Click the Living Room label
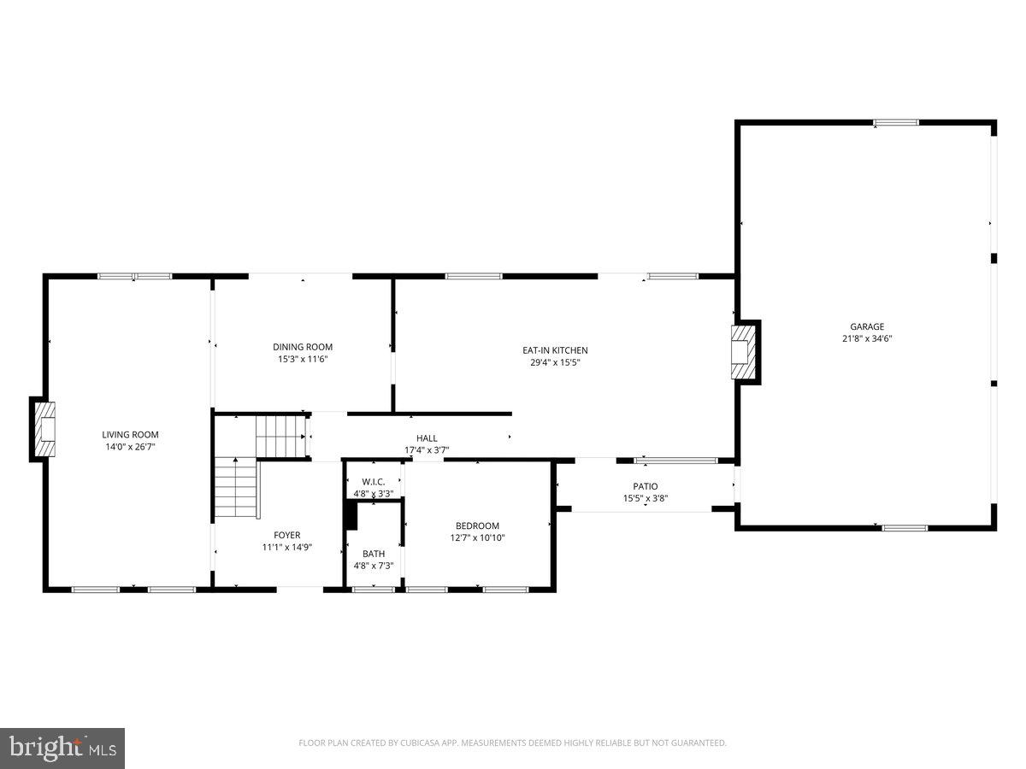[130, 434]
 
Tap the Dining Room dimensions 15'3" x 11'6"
[303, 359]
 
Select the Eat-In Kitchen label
[555, 350]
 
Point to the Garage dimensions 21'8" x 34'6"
[867, 338]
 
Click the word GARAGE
[867, 326]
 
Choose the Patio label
[646, 486]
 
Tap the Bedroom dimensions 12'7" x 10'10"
[477, 537]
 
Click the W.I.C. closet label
[374, 482]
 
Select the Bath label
[374, 554]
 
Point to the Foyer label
[287, 535]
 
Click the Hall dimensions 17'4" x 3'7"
[427, 449]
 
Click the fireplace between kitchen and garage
[744, 352]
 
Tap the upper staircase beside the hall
[281, 435]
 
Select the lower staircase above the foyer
[235, 488]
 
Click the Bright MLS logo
[62, 748]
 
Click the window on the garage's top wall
[896, 123]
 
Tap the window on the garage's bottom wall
[905, 528]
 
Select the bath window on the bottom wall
[374, 589]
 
